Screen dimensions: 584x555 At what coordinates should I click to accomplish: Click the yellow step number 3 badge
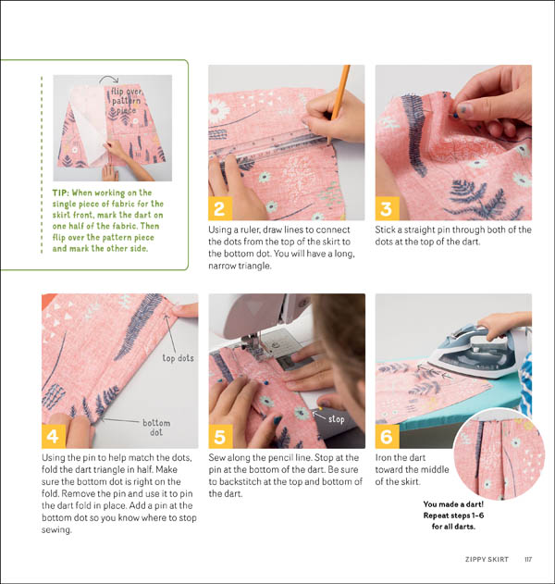[x=387, y=207]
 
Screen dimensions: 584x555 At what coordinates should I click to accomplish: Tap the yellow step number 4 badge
[x=55, y=436]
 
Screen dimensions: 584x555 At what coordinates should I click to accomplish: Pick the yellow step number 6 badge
[x=387, y=436]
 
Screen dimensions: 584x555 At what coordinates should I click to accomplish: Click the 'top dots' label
[x=181, y=358]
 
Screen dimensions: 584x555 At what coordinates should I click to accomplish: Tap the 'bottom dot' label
[x=155, y=427]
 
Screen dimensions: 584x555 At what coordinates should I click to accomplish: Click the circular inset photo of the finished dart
[x=499, y=453]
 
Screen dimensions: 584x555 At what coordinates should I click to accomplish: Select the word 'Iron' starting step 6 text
[x=385, y=457]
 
